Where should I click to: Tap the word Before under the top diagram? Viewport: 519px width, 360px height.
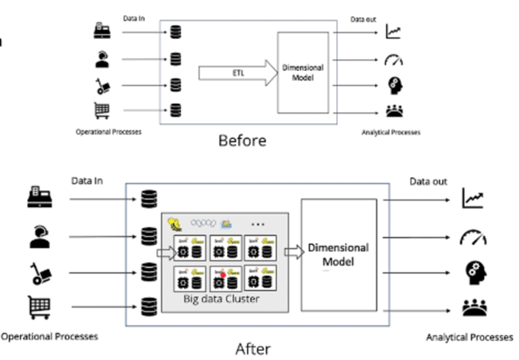(x=242, y=141)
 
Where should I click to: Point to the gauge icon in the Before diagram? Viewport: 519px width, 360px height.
(x=393, y=59)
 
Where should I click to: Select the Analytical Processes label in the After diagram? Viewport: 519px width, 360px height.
(x=469, y=337)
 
